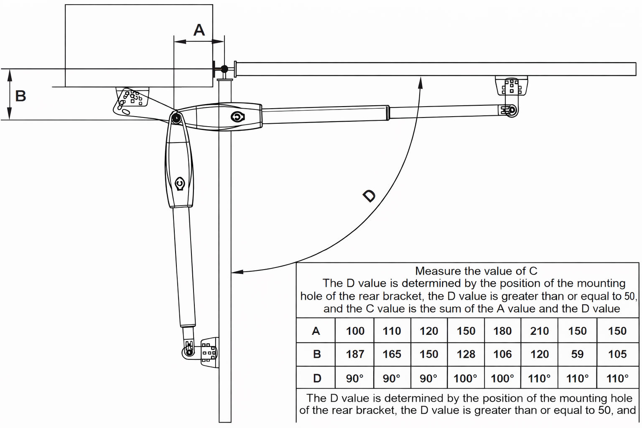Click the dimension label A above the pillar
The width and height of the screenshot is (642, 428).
coord(199,30)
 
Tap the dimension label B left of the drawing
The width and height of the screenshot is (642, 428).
coord(20,96)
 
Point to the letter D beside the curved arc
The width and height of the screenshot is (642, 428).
coord(369,195)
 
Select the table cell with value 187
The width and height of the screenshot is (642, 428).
coord(355,354)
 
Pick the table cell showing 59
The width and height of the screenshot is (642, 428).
coord(577,354)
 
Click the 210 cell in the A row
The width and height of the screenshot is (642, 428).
coord(539,331)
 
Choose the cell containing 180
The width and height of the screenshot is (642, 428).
coord(502,331)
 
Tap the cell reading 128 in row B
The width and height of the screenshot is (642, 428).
coord(466,354)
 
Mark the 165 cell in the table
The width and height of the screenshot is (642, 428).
coord(392,354)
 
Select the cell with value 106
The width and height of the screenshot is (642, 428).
coord(502,354)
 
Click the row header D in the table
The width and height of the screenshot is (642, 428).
coord(317,378)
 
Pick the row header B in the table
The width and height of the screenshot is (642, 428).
coord(317,354)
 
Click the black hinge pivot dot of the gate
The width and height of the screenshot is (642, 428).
coord(224,69)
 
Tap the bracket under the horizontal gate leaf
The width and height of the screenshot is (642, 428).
coord(511,87)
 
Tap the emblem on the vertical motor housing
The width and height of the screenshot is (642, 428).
coord(180,184)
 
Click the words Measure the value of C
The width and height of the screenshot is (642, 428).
coord(476,271)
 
